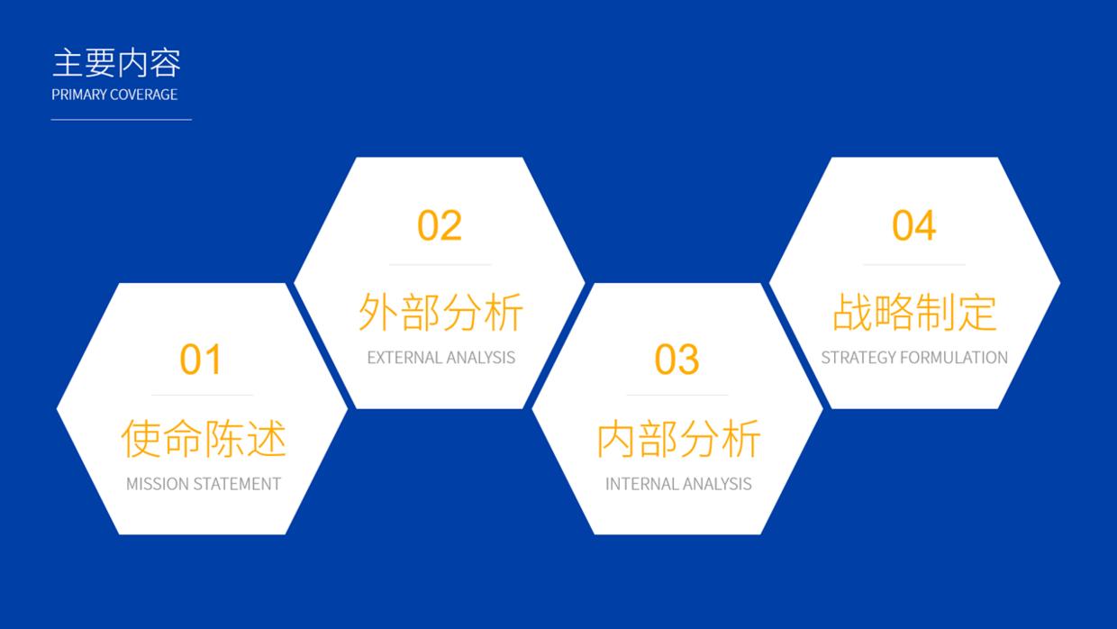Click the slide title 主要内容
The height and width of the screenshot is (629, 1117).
116,64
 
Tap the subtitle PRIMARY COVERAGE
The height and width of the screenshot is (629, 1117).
114,95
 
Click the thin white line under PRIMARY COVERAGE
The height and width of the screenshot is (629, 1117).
121,119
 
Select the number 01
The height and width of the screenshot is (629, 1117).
200,360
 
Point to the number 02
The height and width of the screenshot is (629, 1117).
439,225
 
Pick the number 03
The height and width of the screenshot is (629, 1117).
677,360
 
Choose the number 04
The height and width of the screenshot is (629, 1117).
913,225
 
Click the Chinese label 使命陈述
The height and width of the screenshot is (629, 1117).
204,439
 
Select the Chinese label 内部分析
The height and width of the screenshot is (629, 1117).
678,439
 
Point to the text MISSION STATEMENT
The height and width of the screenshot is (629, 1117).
204,484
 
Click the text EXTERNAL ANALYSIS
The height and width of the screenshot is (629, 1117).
440,358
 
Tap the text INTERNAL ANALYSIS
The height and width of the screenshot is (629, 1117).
678,484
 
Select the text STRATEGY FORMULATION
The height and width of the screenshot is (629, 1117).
914,358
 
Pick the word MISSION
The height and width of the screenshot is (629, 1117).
154,484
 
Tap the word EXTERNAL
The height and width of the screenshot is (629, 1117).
400,358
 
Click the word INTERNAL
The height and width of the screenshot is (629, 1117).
638,484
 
